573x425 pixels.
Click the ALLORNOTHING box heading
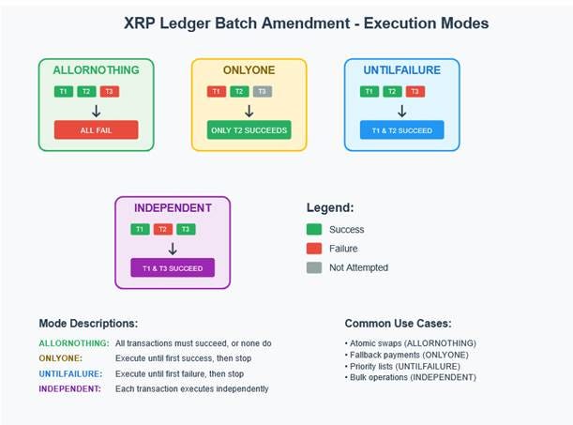(x=96, y=70)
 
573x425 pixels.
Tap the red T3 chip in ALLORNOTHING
(x=110, y=91)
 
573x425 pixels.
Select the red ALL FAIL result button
(x=96, y=129)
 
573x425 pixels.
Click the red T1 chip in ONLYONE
(x=216, y=91)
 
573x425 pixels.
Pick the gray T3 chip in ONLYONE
(x=263, y=91)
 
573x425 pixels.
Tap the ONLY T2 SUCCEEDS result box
(x=249, y=129)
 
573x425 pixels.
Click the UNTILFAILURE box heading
(x=401, y=70)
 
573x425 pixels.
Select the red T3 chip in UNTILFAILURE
(x=415, y=91)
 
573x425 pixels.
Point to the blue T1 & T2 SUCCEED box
(x=401, y=129)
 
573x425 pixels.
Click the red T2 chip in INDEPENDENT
(x=162, y=229)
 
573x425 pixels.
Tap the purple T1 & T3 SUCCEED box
(x=173, y=268)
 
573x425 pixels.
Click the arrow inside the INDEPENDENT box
(x=173, y=248)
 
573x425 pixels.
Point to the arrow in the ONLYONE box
(x=249, y=110)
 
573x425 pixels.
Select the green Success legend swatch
(x=315, y=229)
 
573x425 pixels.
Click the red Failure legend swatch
(x=315, y=249)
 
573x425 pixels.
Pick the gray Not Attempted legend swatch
(x=315, y=268)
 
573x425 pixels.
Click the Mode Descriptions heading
(x=88, y=323)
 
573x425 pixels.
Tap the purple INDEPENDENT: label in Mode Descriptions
(x=69, y=388)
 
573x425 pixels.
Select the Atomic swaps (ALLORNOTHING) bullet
(x=411, y=343)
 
